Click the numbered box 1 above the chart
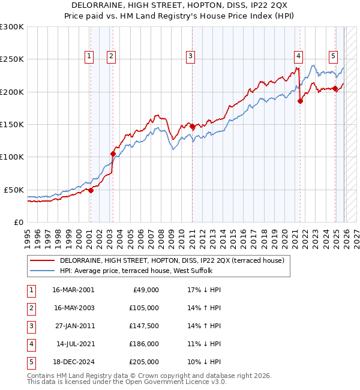pyautogui.click(x=89, y=56)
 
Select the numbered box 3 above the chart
pyautogui.click(x=190, y=56)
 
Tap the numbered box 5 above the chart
pyautogui.click(x=333, y=56)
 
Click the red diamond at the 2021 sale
pyautogui.click(x=301, y=101)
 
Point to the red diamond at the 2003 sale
pyautogui.click(x=113, y=154)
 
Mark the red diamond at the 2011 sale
pyautogui.click(x=192, y=126)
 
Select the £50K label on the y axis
pyautogui.click(x=14, y=190)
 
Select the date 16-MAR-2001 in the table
pyautogui.click(x=73, y=290)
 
